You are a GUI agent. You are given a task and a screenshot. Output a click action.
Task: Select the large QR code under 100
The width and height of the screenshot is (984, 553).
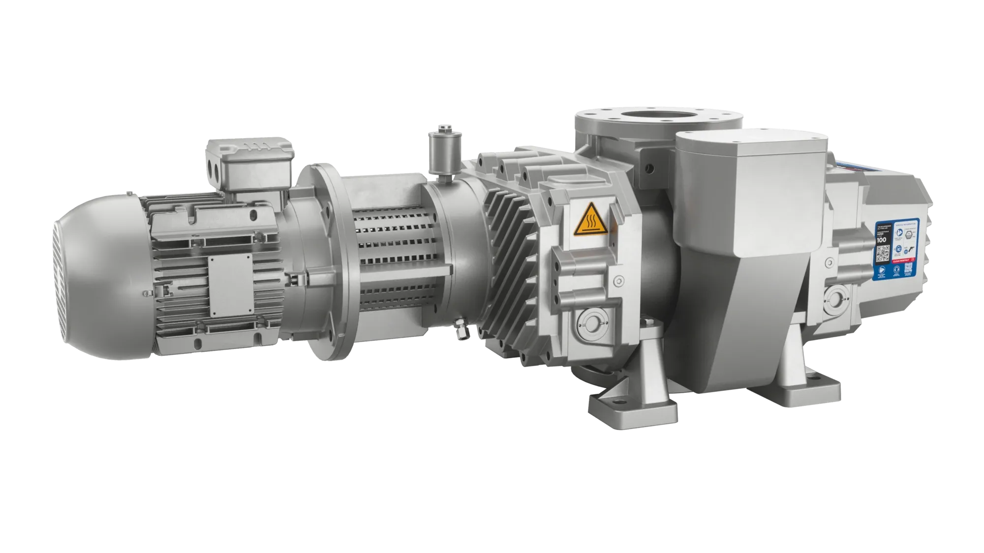[x=883, y=255]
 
